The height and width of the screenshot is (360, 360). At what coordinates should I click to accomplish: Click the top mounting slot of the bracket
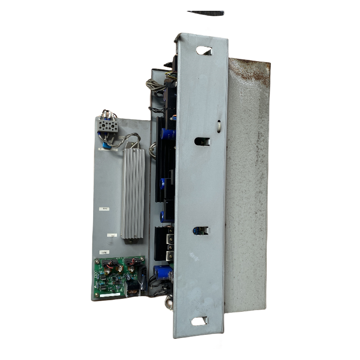click(x=204, y=50)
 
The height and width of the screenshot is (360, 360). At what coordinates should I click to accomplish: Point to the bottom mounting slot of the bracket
click(x=199, y=321)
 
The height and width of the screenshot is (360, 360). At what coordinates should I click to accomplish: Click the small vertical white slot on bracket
click(x=218, y=127)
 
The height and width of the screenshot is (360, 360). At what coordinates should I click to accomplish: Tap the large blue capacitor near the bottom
click(x=162, y=272)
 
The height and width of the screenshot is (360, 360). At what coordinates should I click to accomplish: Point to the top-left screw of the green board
click(x=97, y=261)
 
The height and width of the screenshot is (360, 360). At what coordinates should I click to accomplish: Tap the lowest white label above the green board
click(x=104, y=253)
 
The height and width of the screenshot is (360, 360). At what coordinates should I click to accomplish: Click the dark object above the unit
click(x=206, y=13)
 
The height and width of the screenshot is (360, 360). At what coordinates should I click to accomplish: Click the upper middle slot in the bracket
click(x=202, y=141)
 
